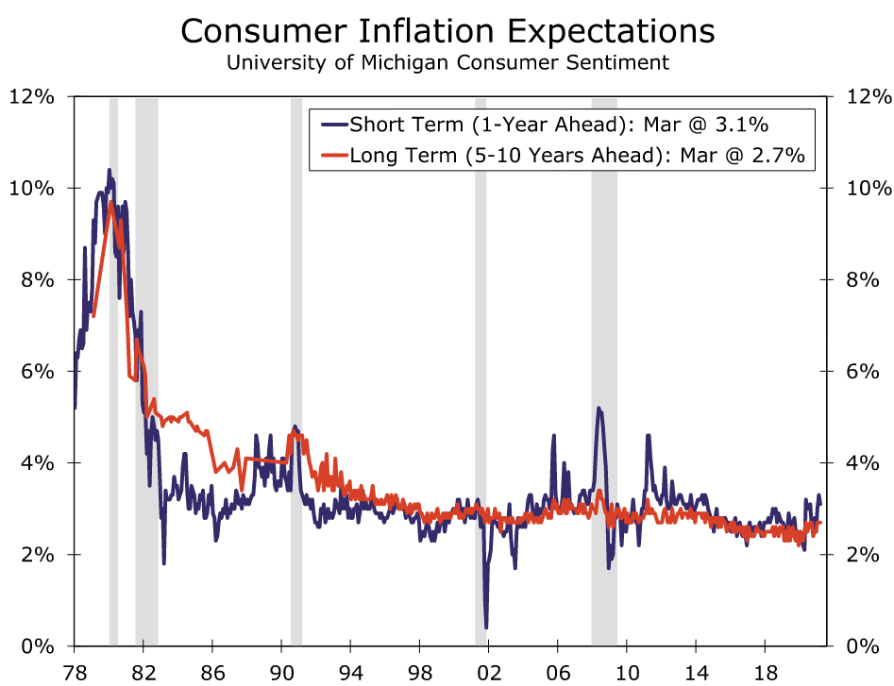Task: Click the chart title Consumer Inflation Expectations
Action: point(447,30)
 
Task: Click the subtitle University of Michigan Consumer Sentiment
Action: point(447,63)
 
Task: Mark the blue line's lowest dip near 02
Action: point(486,627)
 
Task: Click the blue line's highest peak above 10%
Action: point(110,170)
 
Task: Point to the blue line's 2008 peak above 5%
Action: point(599,409)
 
